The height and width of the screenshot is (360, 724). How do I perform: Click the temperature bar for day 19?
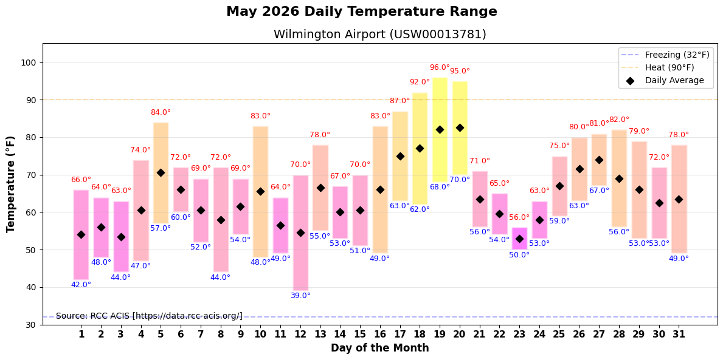tap(440, 130)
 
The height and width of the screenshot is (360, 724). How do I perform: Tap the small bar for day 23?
tap(519, 239)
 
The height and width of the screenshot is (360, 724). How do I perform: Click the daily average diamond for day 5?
tap(161, 173)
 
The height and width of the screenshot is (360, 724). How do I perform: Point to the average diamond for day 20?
tap(459, 128)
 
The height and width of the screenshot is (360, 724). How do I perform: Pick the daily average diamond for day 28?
tap(619, 179)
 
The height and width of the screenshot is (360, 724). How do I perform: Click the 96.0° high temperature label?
tap(440, 67)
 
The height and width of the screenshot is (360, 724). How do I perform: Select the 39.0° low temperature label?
tap(301, 295)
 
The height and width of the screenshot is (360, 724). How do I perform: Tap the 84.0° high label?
tap(161, 112)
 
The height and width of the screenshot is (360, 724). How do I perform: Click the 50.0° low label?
tap(519, 254)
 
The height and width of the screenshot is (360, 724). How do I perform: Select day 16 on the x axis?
tap(380, 333)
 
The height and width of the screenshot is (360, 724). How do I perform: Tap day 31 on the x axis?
tap(679, 333)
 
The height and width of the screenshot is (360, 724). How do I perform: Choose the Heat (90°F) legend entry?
tap(658, 67)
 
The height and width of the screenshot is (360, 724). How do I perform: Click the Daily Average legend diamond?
tap(631, 80)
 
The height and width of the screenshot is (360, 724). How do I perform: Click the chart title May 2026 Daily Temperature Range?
tap(362, 12)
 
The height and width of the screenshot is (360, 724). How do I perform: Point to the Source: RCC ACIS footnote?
tap(149, 316)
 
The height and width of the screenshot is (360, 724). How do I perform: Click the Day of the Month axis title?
tap(380, 348)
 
